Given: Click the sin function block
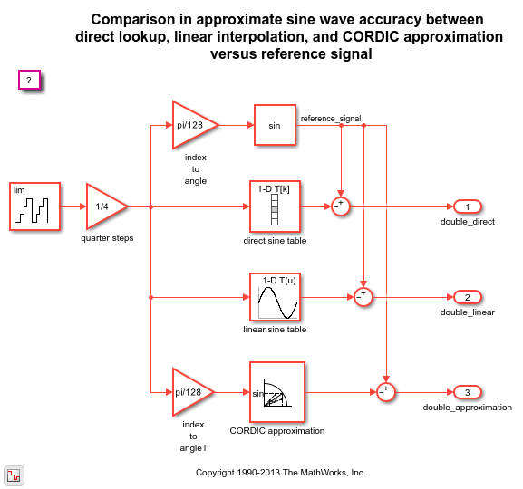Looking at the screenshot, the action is pyautogui.click(x=275, y=125).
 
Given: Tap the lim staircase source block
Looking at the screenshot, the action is pyautogui.click(x=34, y=206).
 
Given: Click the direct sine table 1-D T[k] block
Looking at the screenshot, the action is pyautogui.click(x=275, y=206).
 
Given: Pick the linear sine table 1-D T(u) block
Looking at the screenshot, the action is pyautogui.click(x=275, y=297).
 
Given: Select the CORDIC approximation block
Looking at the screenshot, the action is pyautogui.click(x=277, y=392).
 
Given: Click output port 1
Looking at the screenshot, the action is pyautogui.click(x=468, y=206).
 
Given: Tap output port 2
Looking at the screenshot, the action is pyautogui.click(x=468, y=297).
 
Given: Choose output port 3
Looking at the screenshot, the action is pyautogui.click(x=468, y=392).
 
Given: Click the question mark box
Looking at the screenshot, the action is pyautogui.click(x=29, y=80).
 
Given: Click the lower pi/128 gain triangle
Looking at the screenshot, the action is pyautogui.click(x=193, y=392).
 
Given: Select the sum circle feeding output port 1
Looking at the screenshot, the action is pyautogui.click(x=341, y=206).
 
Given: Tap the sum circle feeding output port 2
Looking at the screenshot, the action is pyautogui.click(x=363, y=297).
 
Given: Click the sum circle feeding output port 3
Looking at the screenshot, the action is pyautogui.click(x=386, y=392).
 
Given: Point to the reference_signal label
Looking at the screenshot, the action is pyautogui.click(x=331, y=119).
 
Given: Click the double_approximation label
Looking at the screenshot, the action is pyautogui.click(x=468, y=407).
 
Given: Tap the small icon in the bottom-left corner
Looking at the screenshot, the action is pyautogui.click(x=14, y=475).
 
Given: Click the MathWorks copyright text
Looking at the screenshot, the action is pyautogui.click(x=280, y=473).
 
